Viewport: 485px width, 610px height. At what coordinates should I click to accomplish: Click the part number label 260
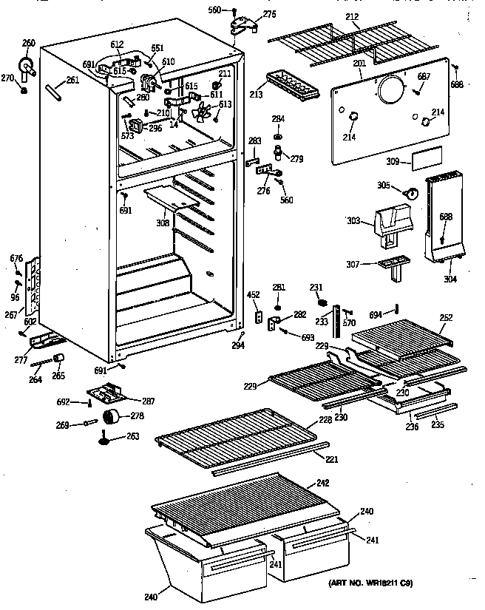(27, 42)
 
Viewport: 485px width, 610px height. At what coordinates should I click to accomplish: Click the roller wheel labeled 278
(113, 417)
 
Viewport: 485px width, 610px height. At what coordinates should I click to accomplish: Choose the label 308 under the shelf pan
(163, 222)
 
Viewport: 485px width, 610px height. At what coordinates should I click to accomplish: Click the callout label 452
(253, 295)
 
